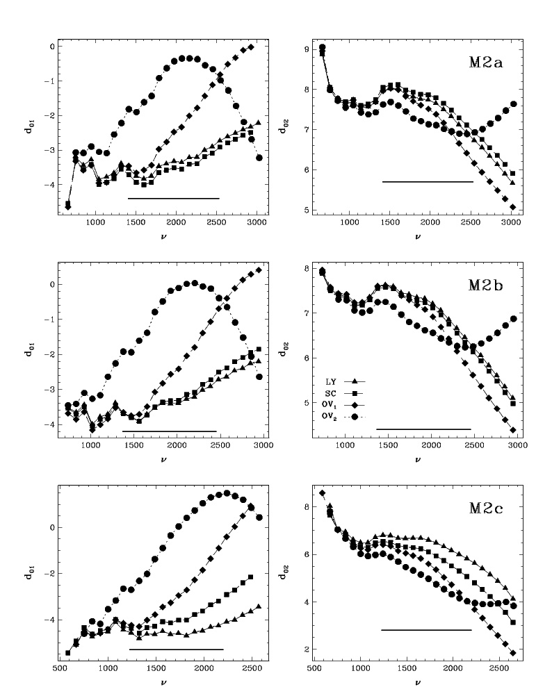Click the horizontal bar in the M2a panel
(428, 181)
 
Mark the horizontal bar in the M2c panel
(426, 630)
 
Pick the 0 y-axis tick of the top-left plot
(51, 47)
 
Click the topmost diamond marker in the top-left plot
(251, 47)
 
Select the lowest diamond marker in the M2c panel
(512, 653)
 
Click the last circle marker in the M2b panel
(514, 319)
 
